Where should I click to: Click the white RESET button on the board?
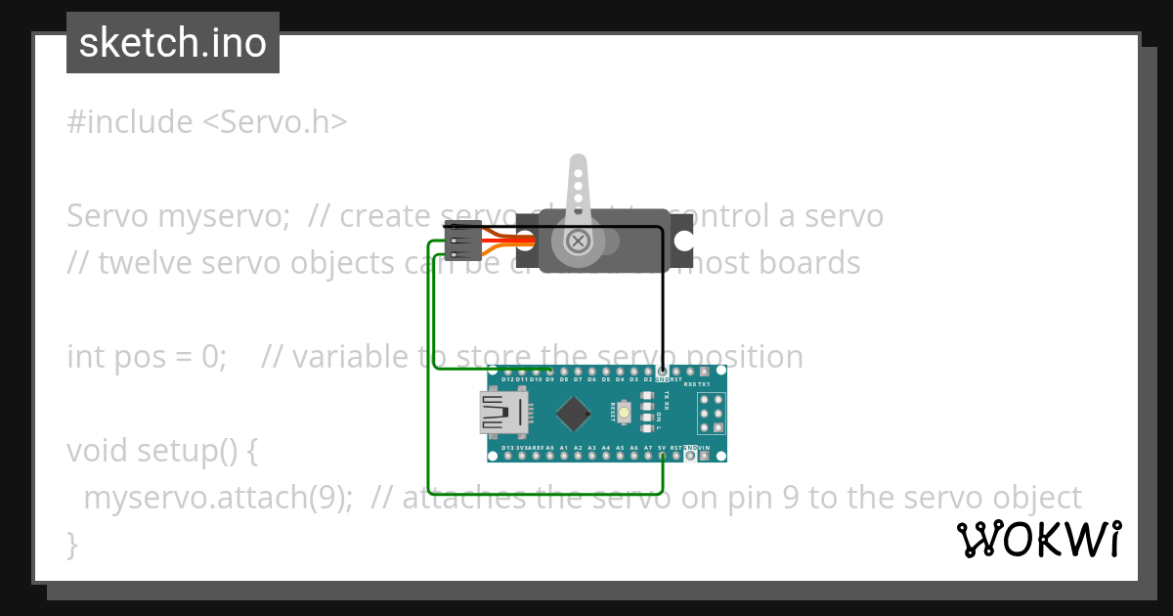pyautogui.click(x=623, y=412)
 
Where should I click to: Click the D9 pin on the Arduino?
pyautogui.click(x=550, y=373)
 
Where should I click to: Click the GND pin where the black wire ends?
pyautogui.click(x=663, y=373)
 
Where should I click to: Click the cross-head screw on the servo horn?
pyautogui.click(x=579, y=240)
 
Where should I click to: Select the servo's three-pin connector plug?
pyautogui.click(x=460, y=241)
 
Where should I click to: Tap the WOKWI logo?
pyautogui.click(x=1038, y=539)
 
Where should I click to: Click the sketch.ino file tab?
pyautogui.click(x=173, y=43)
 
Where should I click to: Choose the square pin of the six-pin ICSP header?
pyautogui.click(x=718, y=427)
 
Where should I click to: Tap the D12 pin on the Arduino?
pyautogui.click(x=507, y=373)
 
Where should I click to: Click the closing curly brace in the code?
pyautogui.click(x=71, y=543)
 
